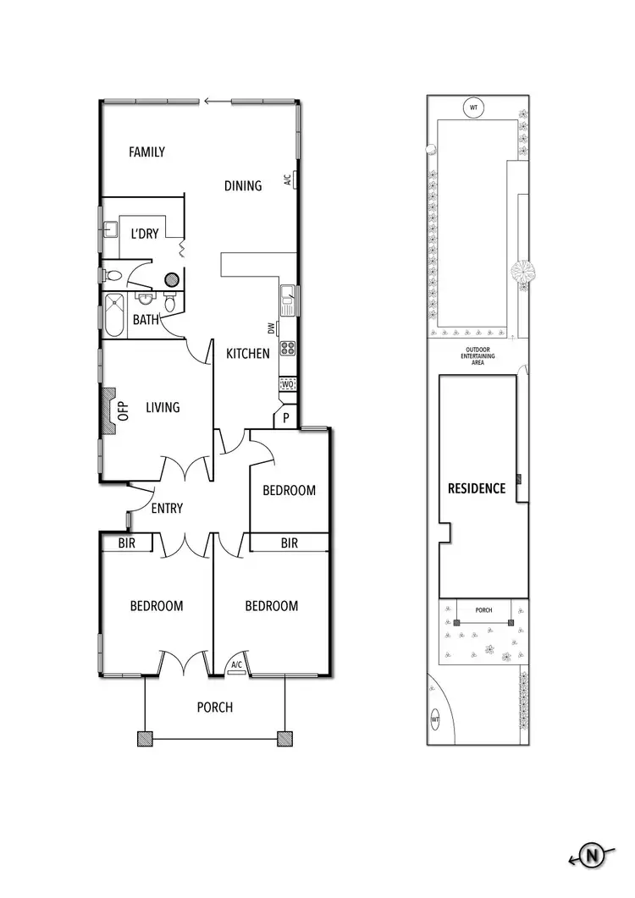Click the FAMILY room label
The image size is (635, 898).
146,152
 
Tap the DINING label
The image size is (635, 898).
243,185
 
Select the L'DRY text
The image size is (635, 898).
144,234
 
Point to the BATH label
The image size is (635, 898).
146,320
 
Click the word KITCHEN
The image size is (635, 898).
247,354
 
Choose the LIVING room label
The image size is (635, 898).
163,407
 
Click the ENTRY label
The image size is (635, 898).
166,509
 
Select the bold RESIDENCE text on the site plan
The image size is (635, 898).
477,488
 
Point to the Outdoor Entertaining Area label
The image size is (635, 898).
479,356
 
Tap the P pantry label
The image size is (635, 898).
286,418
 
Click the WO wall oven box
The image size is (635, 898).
287,385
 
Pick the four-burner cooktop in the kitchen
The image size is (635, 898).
287,347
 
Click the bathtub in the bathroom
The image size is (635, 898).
113,316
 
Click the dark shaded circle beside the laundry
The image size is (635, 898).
171,278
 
